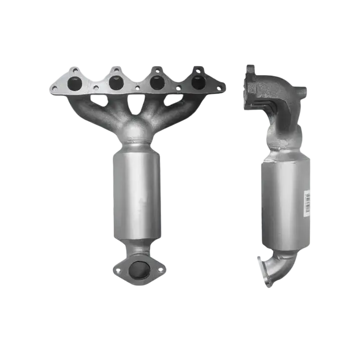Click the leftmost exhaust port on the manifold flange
[75, 83]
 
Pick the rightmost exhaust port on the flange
[199, 82]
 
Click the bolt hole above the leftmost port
[75, 70]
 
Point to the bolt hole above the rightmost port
[199, 70]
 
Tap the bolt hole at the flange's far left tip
[54, 88]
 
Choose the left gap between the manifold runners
[99, 101]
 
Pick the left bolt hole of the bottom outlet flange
[118, 270]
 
